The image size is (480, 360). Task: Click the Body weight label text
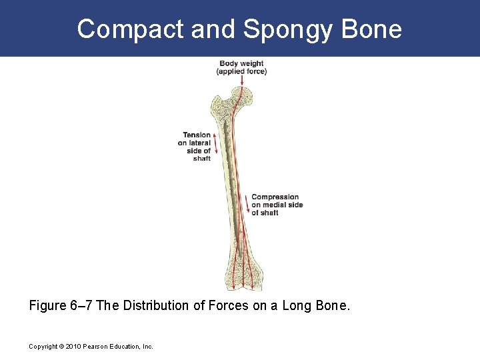[241, 64]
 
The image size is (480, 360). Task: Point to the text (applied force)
[241, 71]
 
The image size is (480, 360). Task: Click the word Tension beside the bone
[197, 135]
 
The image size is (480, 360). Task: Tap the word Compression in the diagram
[275, 197]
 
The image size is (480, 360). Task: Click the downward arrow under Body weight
[242, 81]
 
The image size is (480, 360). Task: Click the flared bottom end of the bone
[244, 273]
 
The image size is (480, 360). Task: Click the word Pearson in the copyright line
[97, 347]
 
